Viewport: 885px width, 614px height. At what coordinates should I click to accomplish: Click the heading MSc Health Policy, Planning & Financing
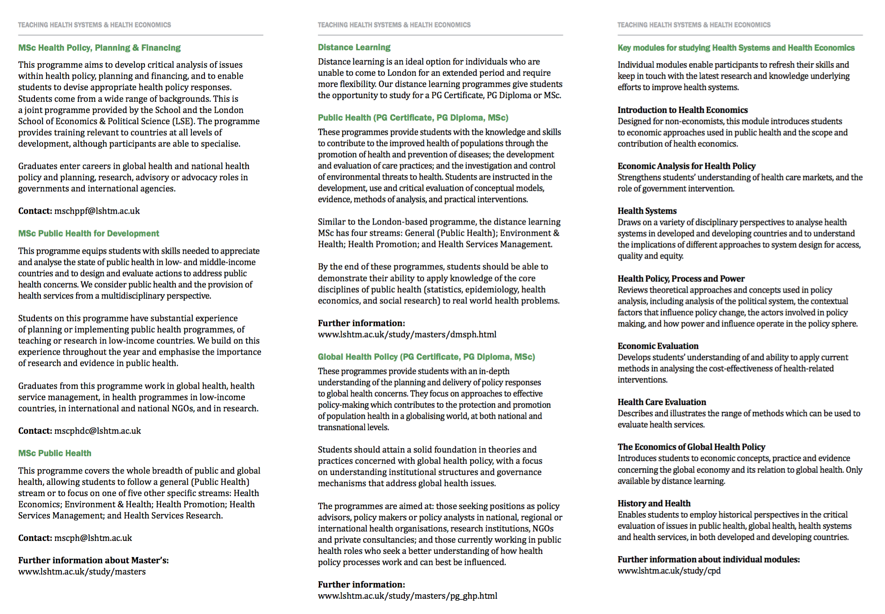point(99,48)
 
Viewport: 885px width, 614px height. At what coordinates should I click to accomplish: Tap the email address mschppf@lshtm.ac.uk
point(97,211)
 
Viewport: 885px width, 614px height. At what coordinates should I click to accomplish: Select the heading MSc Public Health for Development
point(88,233)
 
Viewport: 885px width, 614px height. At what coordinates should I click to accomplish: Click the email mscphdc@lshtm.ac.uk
point(97,431)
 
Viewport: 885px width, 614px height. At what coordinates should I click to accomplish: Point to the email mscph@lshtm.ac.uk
point(93,538)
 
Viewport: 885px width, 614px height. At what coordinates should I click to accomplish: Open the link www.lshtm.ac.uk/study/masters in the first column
point(82,572)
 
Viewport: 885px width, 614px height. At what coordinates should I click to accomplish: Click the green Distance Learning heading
point(354,48)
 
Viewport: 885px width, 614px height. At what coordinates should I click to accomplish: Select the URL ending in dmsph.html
point(407,335)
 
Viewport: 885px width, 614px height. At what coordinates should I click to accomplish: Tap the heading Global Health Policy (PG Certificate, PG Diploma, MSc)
point(426,357)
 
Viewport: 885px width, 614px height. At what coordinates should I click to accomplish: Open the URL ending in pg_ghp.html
point(407,596)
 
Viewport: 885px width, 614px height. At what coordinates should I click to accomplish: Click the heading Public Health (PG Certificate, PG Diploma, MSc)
point(412,118)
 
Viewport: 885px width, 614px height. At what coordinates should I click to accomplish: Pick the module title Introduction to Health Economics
point(682,110)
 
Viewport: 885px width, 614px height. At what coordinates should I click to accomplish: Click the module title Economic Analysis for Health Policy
point(686,166)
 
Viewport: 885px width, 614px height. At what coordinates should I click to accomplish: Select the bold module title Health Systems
point(646,211)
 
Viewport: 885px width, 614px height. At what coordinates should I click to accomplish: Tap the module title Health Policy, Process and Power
point(681,279)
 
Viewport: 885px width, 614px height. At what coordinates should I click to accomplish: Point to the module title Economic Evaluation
point(658,346)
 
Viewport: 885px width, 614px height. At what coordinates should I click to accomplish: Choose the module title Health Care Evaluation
point(661,402)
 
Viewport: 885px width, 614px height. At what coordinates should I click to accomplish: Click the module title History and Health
point(654,504)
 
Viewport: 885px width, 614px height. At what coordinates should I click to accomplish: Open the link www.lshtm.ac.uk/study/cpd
point(668,571)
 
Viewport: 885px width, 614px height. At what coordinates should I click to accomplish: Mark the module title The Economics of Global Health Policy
point(691,447)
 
